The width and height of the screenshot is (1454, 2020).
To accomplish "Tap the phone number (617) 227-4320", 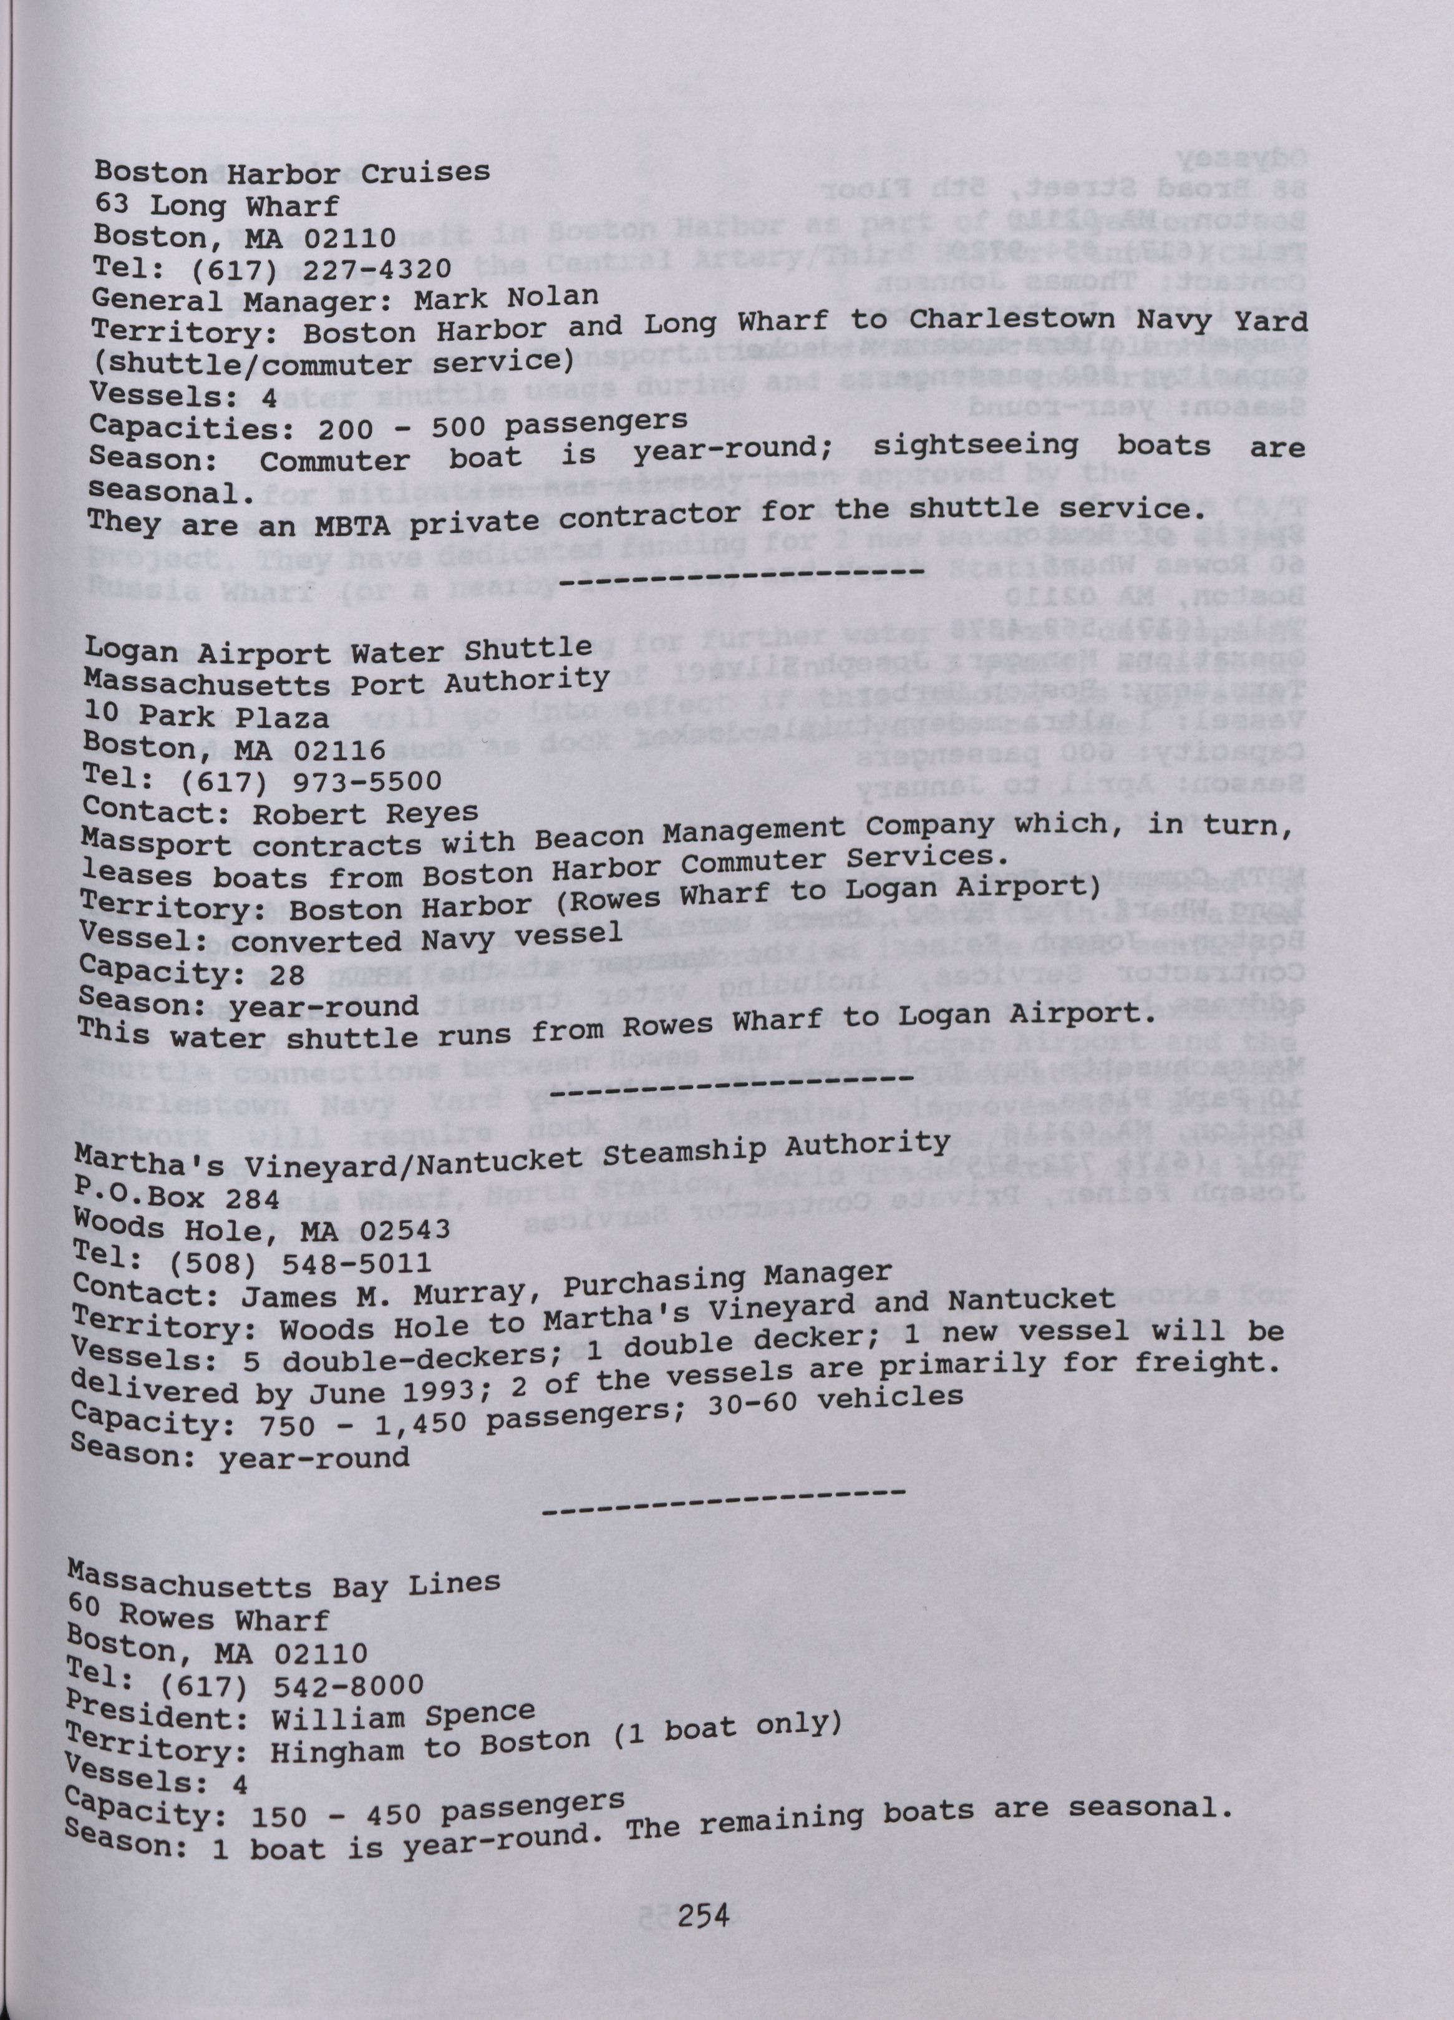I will pyautogui.click(x=315, y=268).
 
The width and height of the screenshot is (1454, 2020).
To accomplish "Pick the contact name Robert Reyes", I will pyautogui.click(x=365, y=812).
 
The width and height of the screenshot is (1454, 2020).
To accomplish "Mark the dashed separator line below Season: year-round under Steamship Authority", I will pyautogui.click(x=723, y=1508).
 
